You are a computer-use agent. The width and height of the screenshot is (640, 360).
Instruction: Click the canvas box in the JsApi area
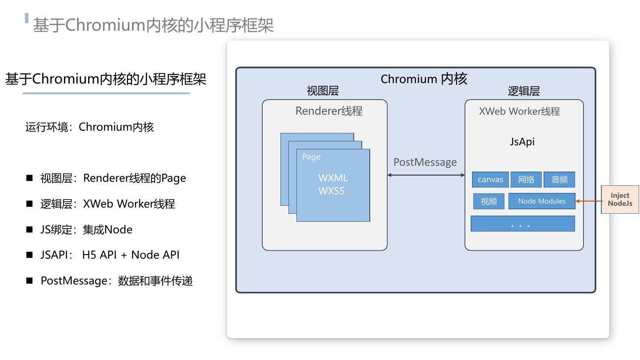coord(490,180)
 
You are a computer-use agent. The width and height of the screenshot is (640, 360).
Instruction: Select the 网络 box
coord(526,180)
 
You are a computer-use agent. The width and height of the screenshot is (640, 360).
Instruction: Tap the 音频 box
coord(559,180)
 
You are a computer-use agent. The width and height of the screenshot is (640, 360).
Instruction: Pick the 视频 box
coord(488,201)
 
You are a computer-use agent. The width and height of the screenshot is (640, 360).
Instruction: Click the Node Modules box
coord(541,201)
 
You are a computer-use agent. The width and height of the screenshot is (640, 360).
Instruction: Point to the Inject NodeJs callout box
coord(620,200)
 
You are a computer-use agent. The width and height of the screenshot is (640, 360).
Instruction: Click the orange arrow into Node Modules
coord(588,201)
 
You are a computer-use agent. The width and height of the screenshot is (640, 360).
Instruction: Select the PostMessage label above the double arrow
coord(425,162)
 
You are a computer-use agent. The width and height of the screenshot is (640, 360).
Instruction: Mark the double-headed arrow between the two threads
coord(426,175)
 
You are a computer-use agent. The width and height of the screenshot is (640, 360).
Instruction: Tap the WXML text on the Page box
coord(333,178)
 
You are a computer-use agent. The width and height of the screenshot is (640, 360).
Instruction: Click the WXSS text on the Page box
coord(332,191)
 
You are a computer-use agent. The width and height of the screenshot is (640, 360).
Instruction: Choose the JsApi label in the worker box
coord(522,142)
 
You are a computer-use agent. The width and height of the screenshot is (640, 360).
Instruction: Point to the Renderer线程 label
coord(329,111)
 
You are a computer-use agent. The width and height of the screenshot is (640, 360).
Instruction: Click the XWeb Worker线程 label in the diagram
coord(519,111)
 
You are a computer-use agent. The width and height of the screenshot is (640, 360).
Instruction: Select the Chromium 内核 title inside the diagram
coord(424,79)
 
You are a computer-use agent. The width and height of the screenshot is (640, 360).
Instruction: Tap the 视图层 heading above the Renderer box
coord(323,91)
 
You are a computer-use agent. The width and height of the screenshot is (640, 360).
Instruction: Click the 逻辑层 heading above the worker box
coord(524,92)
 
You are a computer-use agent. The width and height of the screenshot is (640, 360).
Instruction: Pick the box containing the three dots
coord(523,224)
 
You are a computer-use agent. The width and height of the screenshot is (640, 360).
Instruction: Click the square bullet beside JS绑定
coord(30,229)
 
